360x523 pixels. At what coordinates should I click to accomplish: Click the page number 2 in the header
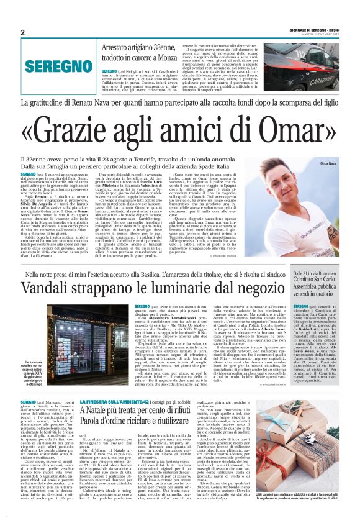tap(22, 32)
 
